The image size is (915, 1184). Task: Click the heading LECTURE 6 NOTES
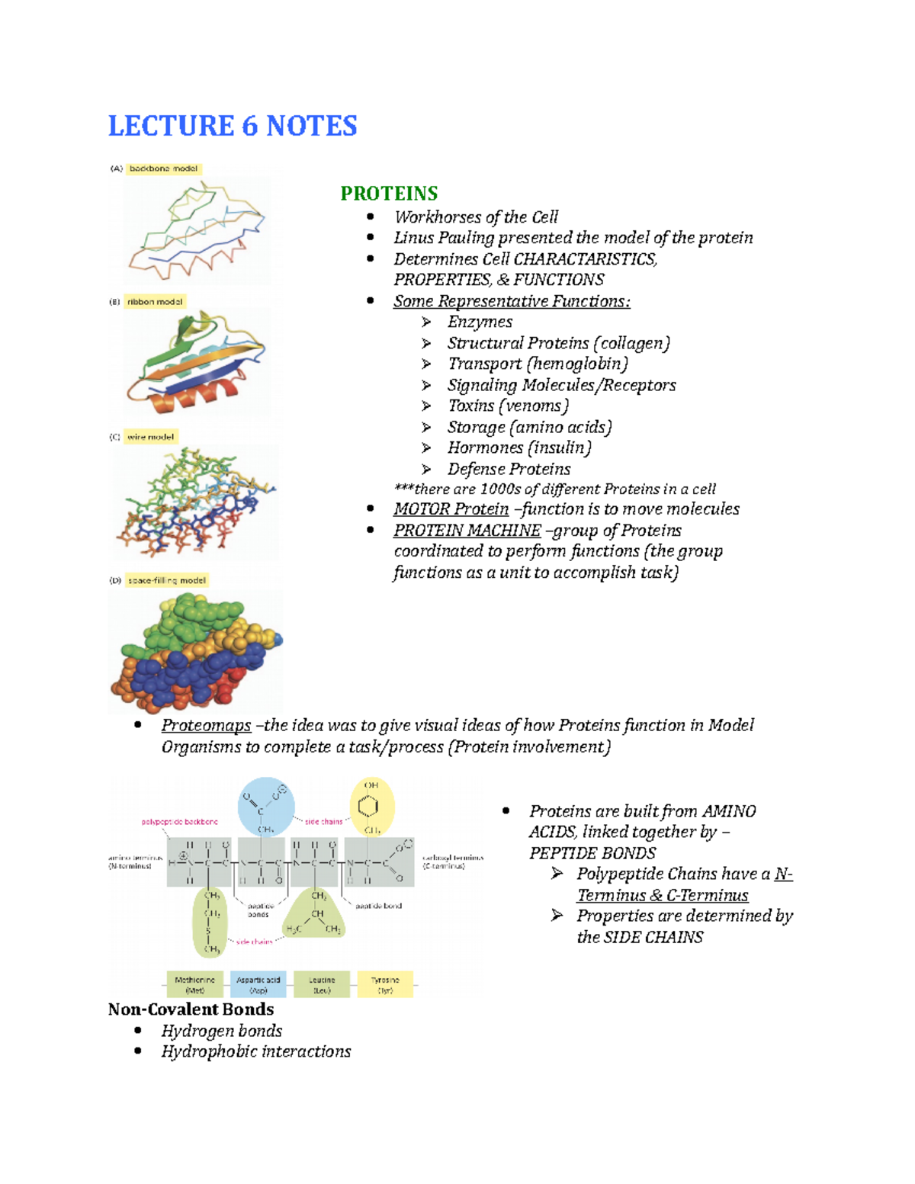point(233,126)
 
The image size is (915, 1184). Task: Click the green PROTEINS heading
point(389,194)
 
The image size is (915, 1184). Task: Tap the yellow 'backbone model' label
point(163,168)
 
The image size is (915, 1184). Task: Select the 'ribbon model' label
point(155,302)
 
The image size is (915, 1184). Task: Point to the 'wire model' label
point(151,437)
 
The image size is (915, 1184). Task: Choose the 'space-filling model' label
point(166,580)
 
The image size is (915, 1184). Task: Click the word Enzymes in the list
point(480,322)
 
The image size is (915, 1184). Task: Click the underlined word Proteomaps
point(206,726)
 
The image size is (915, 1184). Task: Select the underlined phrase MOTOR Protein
point(451,509)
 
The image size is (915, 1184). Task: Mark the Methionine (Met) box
point(195,984)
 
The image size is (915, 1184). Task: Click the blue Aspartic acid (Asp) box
point(258,984)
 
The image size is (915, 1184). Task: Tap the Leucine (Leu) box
point(322,984)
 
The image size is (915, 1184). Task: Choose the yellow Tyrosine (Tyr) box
point(385,984)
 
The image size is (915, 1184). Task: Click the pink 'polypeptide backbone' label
point(180,822)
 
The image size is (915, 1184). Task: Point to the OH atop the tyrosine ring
point(371,785)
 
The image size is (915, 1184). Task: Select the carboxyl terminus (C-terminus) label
point(453,862)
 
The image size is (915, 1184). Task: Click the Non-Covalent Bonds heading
point(191,1009)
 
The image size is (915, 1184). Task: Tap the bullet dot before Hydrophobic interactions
point(138,1051)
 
